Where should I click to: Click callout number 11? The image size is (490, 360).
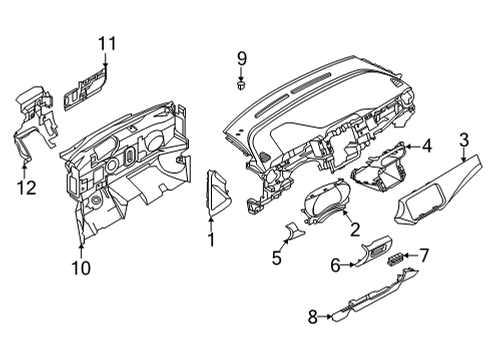[107, 42]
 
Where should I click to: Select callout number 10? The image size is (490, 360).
[80, 266]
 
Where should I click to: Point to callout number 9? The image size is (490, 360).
[241, 59]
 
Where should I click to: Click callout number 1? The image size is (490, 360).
[211, 240]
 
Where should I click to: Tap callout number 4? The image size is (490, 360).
[426, 146]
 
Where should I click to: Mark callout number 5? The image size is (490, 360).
[277, 258]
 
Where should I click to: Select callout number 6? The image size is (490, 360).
[337, 265]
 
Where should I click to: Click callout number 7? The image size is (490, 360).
[423, 256]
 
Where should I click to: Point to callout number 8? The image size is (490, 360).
[312, 317]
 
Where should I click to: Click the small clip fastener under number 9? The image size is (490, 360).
[241, 87]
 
